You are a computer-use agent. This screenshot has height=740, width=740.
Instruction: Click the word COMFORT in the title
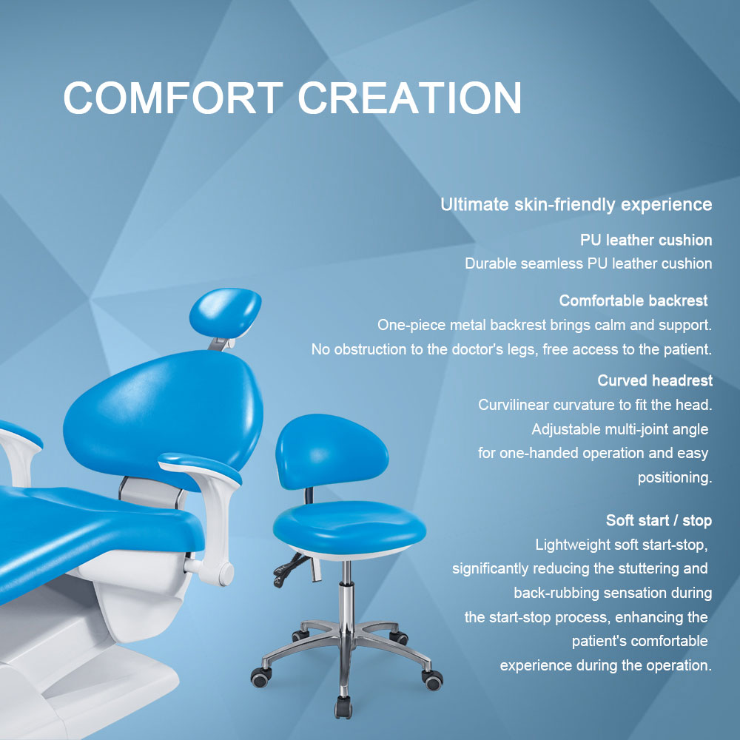click(173, 97)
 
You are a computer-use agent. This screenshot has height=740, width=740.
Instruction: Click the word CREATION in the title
click(410, 97)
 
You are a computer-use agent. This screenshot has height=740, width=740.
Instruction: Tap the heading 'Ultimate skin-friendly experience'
click(576, 205)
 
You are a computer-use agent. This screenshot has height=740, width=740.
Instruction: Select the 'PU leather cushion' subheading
click(646, 240)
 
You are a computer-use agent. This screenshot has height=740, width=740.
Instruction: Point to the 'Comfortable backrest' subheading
click(633, 300)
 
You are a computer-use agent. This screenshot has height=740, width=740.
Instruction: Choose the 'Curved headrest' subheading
click(655, 380)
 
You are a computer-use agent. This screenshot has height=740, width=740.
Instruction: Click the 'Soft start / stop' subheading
click(659, 520)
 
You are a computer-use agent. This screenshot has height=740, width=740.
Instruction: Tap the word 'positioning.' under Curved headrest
click(675, 477)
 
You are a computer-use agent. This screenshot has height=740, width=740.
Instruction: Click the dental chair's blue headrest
click(225, 312)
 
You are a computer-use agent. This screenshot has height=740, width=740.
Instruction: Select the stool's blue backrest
click(332, 451)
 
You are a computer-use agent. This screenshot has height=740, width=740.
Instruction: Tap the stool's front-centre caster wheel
click(343, 707)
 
